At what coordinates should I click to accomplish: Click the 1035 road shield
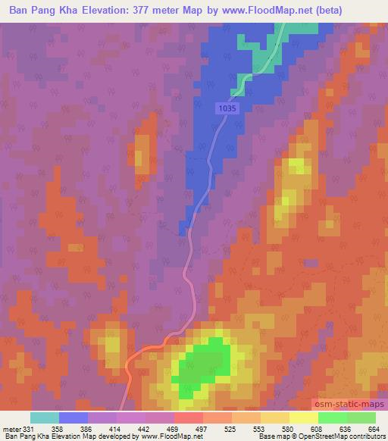pyautogui.click(x=226, y=109)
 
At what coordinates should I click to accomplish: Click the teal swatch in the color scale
pyautogui.click(x=44, y=418)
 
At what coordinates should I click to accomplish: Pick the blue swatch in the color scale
pyautogui.click(x=74, y=418)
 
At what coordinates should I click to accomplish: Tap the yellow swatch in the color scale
pyautogui.click(x=304, y=418)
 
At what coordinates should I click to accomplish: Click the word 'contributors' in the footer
pyautogui.click(x=368, y=437)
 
